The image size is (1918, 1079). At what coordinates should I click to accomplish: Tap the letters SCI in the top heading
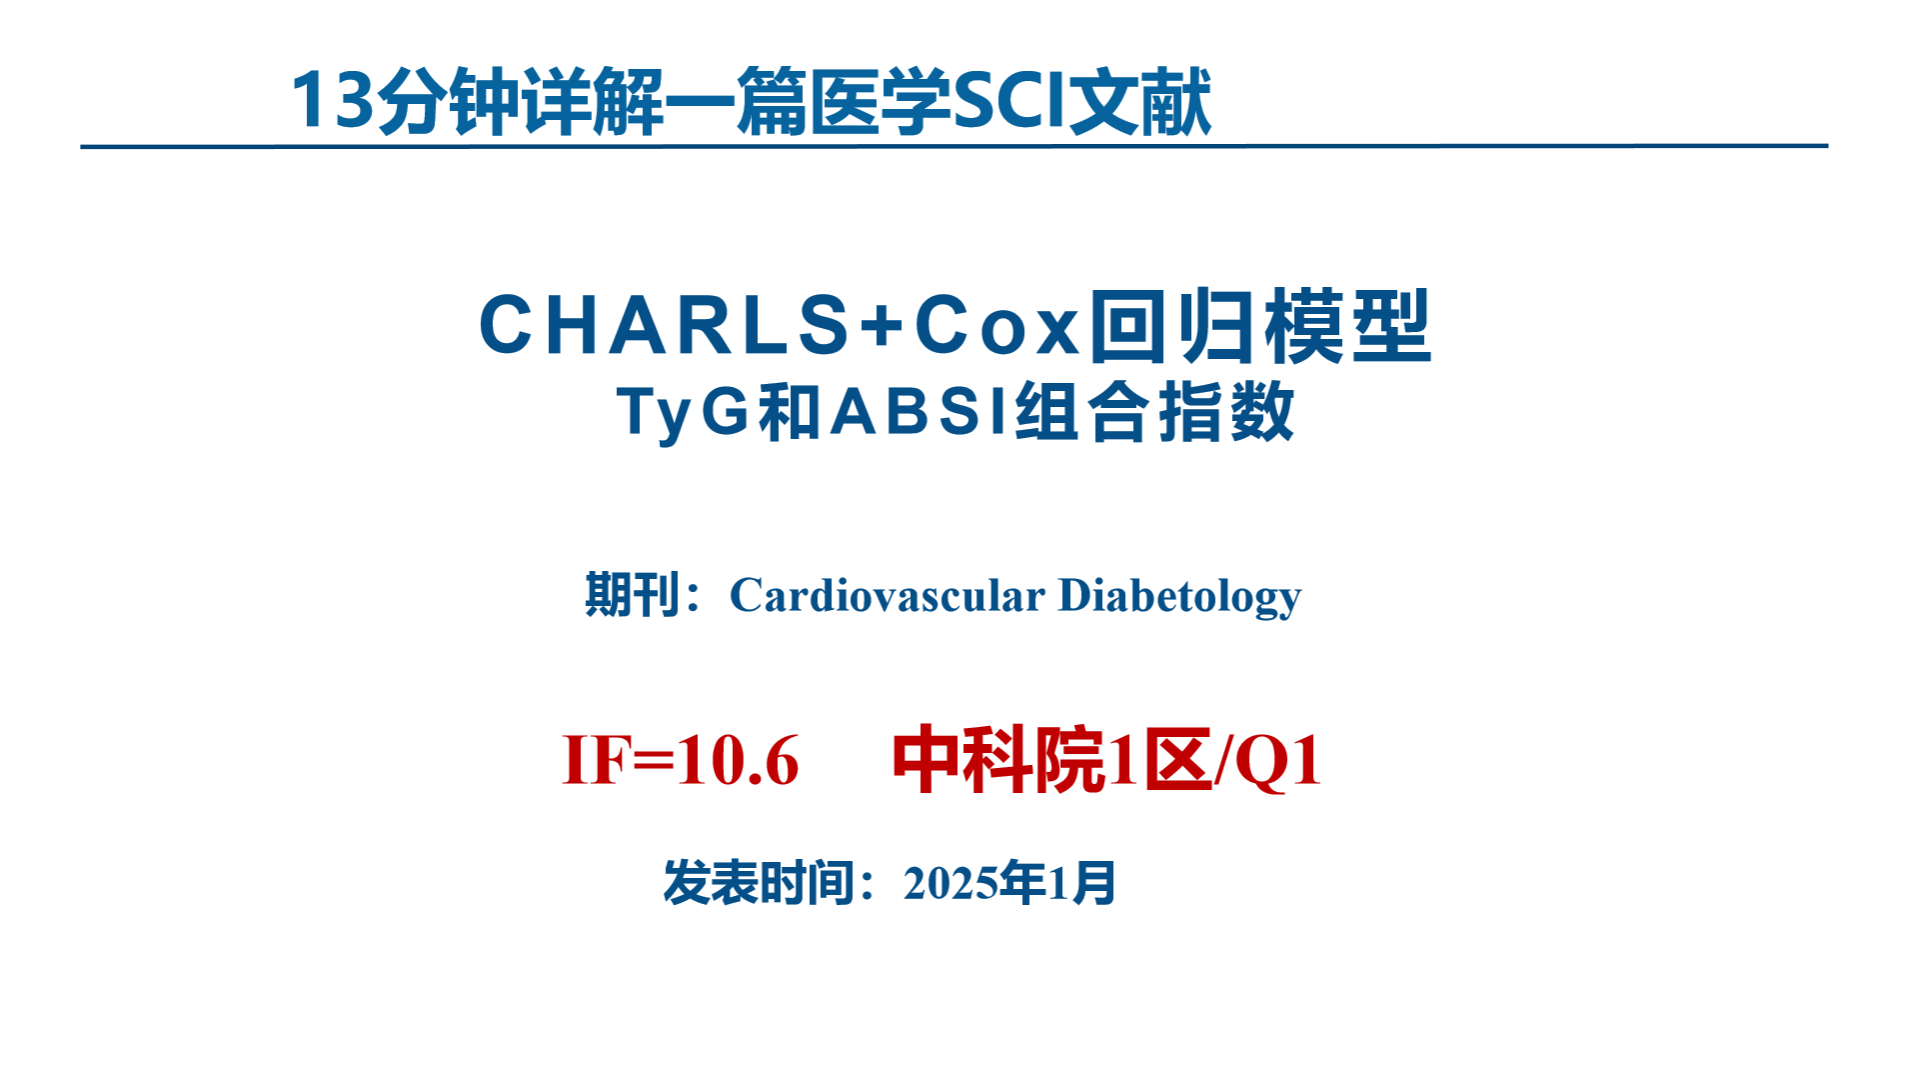click(x=1009, y=101)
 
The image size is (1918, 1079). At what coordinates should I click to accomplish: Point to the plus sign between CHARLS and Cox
click(x=882, y=325)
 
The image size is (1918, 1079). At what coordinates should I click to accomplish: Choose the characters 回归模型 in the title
click(x=1260, y=325)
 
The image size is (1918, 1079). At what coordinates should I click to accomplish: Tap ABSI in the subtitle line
click(x=920, y=411)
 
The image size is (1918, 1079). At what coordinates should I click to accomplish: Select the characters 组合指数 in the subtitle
click(x=1155, y=411)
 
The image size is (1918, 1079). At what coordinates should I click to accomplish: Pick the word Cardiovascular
click(x=888, y=595)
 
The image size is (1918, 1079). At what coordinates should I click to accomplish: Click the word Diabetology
click(x=1179, y=595)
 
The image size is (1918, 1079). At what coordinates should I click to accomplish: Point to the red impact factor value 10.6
click(x=738, y=760)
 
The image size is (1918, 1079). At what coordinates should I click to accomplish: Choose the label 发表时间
click(x=760, y=883)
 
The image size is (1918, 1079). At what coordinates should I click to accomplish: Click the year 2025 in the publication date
click(x=951, y=883)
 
